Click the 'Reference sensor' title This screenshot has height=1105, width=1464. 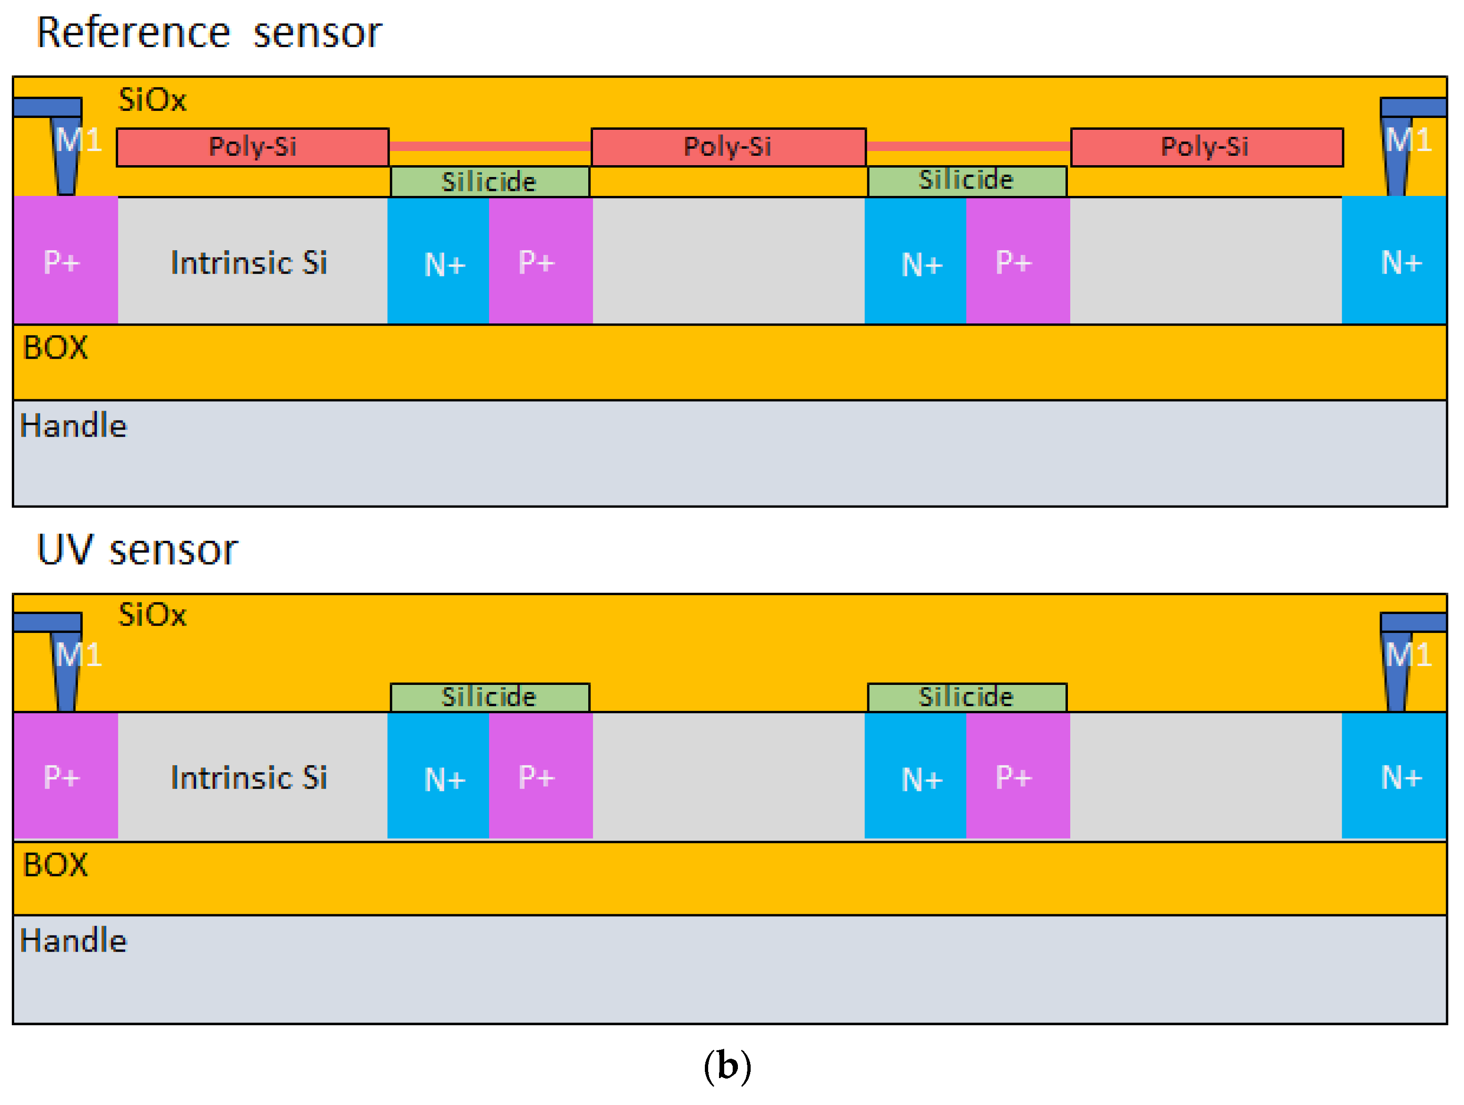point(209,33)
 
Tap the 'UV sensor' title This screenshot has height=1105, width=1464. point(137,550)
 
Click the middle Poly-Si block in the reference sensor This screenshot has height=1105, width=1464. point(728,147)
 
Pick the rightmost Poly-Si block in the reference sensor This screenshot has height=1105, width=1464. point(1207,147)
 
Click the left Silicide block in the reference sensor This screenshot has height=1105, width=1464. point(489,182)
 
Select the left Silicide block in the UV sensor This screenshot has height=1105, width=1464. point(489,697)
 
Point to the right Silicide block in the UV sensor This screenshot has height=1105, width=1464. point(966,697)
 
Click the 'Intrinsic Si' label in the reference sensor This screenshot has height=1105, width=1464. point(249,263)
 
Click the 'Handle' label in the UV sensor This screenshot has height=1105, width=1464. point(73,941)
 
